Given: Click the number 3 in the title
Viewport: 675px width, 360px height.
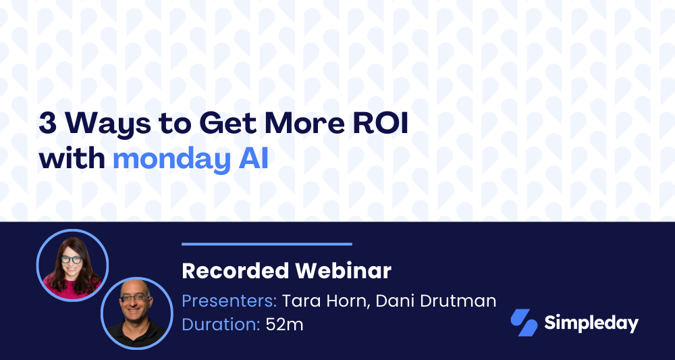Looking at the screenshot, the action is (48, 123).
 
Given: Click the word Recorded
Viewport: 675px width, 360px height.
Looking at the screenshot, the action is (235, 271).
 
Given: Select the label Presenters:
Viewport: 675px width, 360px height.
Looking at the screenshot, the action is (229, 301).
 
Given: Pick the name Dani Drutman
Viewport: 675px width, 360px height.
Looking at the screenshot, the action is (436, 301).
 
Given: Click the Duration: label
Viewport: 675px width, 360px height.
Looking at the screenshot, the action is (221, 324).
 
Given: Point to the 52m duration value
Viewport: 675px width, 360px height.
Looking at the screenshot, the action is (284, 324).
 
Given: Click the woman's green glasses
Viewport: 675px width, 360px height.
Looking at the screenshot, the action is (72, 259).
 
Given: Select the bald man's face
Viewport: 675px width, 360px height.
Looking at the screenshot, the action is (134, 301).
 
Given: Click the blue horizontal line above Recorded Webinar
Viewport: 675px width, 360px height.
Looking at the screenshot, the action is (267, 244).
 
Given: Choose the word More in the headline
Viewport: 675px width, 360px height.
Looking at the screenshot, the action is (304, 123).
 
